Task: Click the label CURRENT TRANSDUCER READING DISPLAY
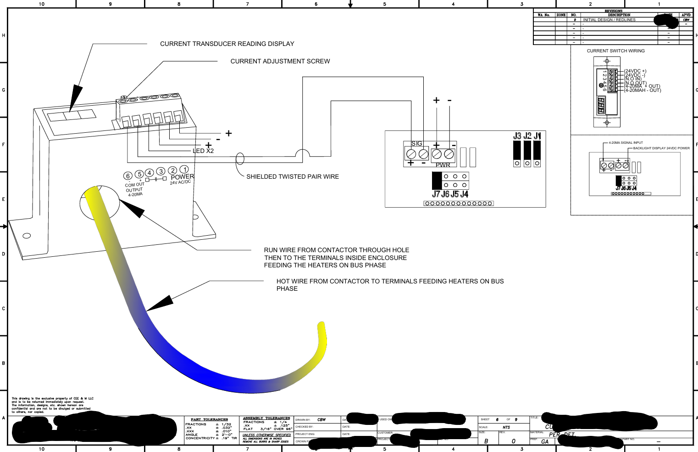tap(227, 44)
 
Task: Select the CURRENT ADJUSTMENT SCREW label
tap(280, 61)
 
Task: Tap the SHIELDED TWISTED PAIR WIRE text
tap(293, 176)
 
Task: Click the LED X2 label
tap(203, 151)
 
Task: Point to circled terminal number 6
tap(128, 176)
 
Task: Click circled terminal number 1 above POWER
tap(184, 169)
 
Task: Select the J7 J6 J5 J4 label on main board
tap(450, 194)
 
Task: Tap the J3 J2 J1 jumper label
tap(527, 136)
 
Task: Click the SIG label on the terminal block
tap(416, 143)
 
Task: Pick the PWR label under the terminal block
tap(443, 165)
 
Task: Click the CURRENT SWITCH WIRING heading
tap(615, 51)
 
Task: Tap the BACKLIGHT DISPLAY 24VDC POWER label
tap(661, 148)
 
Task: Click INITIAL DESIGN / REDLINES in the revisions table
tap(609, 20)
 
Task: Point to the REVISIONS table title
tap(613, 11)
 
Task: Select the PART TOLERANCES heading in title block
tap(209, 419)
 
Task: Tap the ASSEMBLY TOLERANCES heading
tap(266, 418)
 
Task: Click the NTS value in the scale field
tap(506, 427)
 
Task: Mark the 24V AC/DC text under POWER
tap(180, 182)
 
